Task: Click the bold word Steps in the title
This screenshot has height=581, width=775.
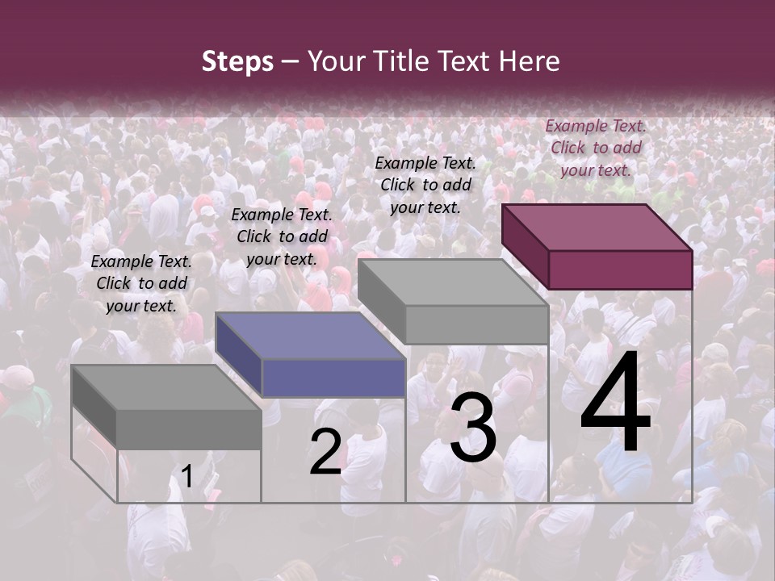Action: pos(237,61)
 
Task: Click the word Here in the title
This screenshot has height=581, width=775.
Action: pos(529,61)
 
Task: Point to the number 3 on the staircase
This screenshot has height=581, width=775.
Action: pos(473,431)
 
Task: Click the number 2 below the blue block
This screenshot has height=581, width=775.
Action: pos(325,451)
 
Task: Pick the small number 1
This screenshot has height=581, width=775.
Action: pos(186,477)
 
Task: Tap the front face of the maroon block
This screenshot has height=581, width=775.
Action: pos(620,270)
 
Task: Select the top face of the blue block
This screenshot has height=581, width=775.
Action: pos(310,336)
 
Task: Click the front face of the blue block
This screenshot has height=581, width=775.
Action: pos(333,378)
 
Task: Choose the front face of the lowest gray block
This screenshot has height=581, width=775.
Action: pos(189,428)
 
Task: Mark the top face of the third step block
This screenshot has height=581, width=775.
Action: pos(453,282)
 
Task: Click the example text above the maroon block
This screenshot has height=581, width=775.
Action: pos(596,148)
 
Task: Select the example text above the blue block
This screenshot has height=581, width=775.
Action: pos(282,236)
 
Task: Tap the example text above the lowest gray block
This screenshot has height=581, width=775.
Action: pos(141,283)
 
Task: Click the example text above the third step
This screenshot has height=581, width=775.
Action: pos(425,185)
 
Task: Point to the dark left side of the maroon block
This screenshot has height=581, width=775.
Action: pos(525,246)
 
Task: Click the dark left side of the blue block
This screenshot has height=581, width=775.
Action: pos(239,353)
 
